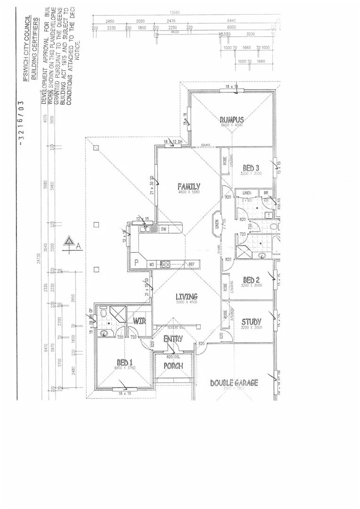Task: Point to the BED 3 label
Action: (x=251, y=168)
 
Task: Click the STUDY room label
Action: (x=251, y=322)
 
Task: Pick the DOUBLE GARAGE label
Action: (x=234, y=383)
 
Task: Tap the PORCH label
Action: (x=173, y=366)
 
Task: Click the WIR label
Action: (x=139, y=321)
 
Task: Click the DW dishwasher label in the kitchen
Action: (x=164, y=229)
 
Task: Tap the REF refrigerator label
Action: (x=191, y=264)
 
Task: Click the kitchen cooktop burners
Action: (x=165, y=264)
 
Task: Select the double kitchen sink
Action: (x=145, y=229)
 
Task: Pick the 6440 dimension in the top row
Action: (x=232, y=21)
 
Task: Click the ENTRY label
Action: (x=173, y=339)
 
